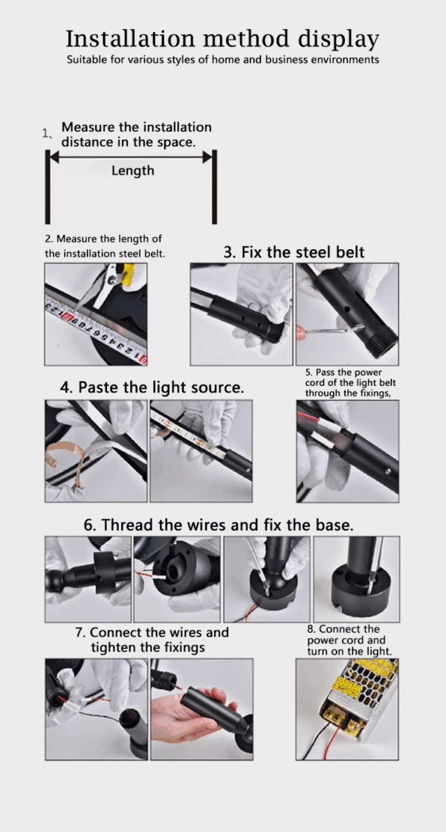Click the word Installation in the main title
tap(132, 39)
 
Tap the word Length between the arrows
tap(132, 170)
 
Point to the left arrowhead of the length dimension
tap(54, 157)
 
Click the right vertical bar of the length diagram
tap(214, 187)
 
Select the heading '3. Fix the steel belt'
tap(294, 252)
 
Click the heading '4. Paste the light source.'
tap(152, 387)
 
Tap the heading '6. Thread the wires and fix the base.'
tap(219, 526)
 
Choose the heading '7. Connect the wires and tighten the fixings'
tap(152, 640)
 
